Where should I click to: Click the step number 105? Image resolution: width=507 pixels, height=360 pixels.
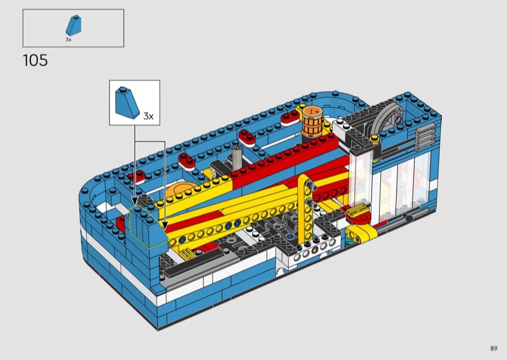(x=35, y=60)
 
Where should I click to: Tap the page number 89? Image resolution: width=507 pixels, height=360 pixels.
(x=494, y=349)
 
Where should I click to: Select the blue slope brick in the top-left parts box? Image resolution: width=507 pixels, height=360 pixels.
(x=74, y=25)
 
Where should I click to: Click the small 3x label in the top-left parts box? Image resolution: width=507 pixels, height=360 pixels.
(x=68, y=40)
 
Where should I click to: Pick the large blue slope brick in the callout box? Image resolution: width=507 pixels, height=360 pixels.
(x=127, y=103)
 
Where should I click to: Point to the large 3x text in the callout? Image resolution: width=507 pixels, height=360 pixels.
(x=148, y=116)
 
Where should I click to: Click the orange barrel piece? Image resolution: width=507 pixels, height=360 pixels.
(x=312, y=122)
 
